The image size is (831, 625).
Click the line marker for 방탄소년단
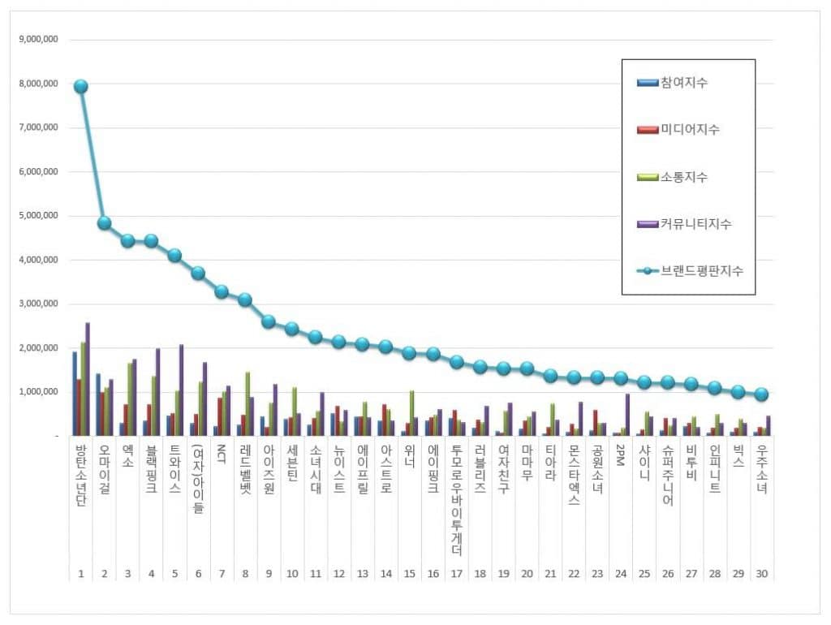click(x=80, y=86)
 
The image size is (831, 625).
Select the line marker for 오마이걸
click(x=104, y=222)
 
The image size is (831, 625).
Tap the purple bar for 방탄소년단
click(x=88, y=379)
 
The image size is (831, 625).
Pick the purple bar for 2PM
click(x=628, y=415)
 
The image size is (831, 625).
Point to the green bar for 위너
click(x=411, y=413)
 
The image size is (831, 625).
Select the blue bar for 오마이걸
click(x=98, y=404)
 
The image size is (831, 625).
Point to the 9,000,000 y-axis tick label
click(x=43, y=40)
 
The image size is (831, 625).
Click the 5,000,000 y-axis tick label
click(x=43, y=216)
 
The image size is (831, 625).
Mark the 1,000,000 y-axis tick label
click(x=43, y=392)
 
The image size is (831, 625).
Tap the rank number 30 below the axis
click(x=761, y=574)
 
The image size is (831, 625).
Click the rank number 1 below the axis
click(x=81, y=574)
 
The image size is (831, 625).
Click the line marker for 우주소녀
click(x=761, y=394)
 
